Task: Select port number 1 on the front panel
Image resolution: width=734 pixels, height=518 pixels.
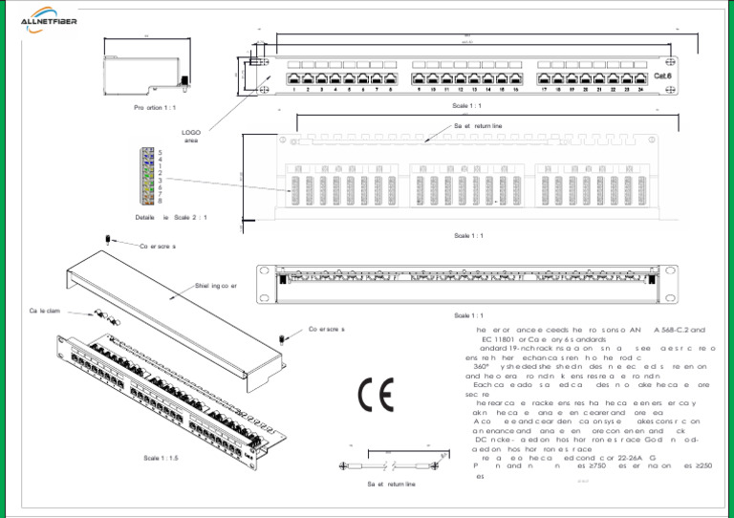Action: (x=293, y=91)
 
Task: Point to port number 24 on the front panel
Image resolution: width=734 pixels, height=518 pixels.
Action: (x=639, y=91)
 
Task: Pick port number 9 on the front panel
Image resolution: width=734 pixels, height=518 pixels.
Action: (x=421, y=91)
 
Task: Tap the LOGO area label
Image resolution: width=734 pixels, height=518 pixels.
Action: (x=191, y=137)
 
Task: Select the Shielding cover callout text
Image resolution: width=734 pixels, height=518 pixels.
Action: (x=215, y=285)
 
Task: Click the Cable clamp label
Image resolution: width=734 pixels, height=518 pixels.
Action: (x=45, y=311)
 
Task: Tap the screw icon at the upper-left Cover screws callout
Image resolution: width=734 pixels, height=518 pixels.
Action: (x=112, y=238)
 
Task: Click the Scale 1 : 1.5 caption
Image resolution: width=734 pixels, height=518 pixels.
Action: (x=161, y=458)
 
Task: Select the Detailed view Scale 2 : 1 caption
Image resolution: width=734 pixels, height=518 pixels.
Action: (x=171, y=218)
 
